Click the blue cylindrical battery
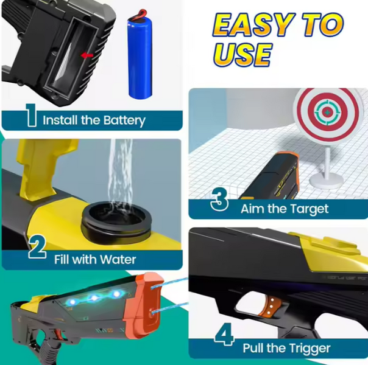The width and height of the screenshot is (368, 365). pos(140,56)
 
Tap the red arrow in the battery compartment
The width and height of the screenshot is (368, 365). pos(87,55)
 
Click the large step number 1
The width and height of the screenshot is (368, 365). pos(31,115)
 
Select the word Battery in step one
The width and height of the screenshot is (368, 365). pos(124,120)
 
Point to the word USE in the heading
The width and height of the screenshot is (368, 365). pos(242,55)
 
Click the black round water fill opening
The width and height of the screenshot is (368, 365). pos(116,219)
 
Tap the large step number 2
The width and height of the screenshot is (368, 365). pos(37,246)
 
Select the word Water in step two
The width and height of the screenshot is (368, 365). pos(118,260)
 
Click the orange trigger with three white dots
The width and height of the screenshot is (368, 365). pos(271,307)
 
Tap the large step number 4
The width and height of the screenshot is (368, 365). pos(224,335)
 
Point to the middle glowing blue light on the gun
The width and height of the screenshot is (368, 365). pos(94,298)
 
